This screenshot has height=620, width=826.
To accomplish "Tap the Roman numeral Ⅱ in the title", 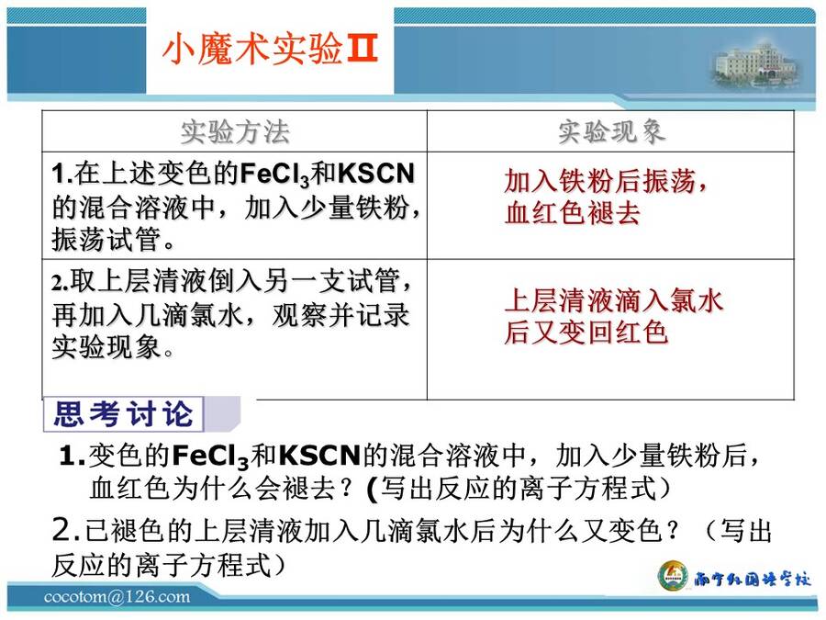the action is click(362, 49).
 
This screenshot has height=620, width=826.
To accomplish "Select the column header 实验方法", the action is click(235, 131).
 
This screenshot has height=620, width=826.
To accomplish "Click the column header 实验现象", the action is click(611, 131).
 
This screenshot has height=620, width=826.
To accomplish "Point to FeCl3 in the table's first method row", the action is click(273, 174).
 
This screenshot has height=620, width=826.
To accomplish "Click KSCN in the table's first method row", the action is click(376, 174).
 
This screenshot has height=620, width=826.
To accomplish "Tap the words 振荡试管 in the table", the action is click(106, 239).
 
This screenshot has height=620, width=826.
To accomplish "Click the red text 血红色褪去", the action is click(573, 213).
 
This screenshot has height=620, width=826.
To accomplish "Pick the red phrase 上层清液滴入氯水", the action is click(614, 300).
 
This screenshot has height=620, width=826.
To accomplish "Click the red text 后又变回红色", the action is click(586, 333).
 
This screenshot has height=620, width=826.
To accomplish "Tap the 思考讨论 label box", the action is click(123, 414).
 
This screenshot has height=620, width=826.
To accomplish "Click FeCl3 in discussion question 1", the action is click(209, 456).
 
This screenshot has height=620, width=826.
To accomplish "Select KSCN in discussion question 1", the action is click(319, 455).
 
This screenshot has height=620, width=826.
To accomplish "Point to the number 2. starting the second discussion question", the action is click(65, 529).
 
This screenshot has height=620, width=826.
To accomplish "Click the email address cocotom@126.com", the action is click(117, 597).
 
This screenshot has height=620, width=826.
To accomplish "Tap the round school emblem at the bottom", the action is click(674, 577).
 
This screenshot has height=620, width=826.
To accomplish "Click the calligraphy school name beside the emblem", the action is click(752, 579).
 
